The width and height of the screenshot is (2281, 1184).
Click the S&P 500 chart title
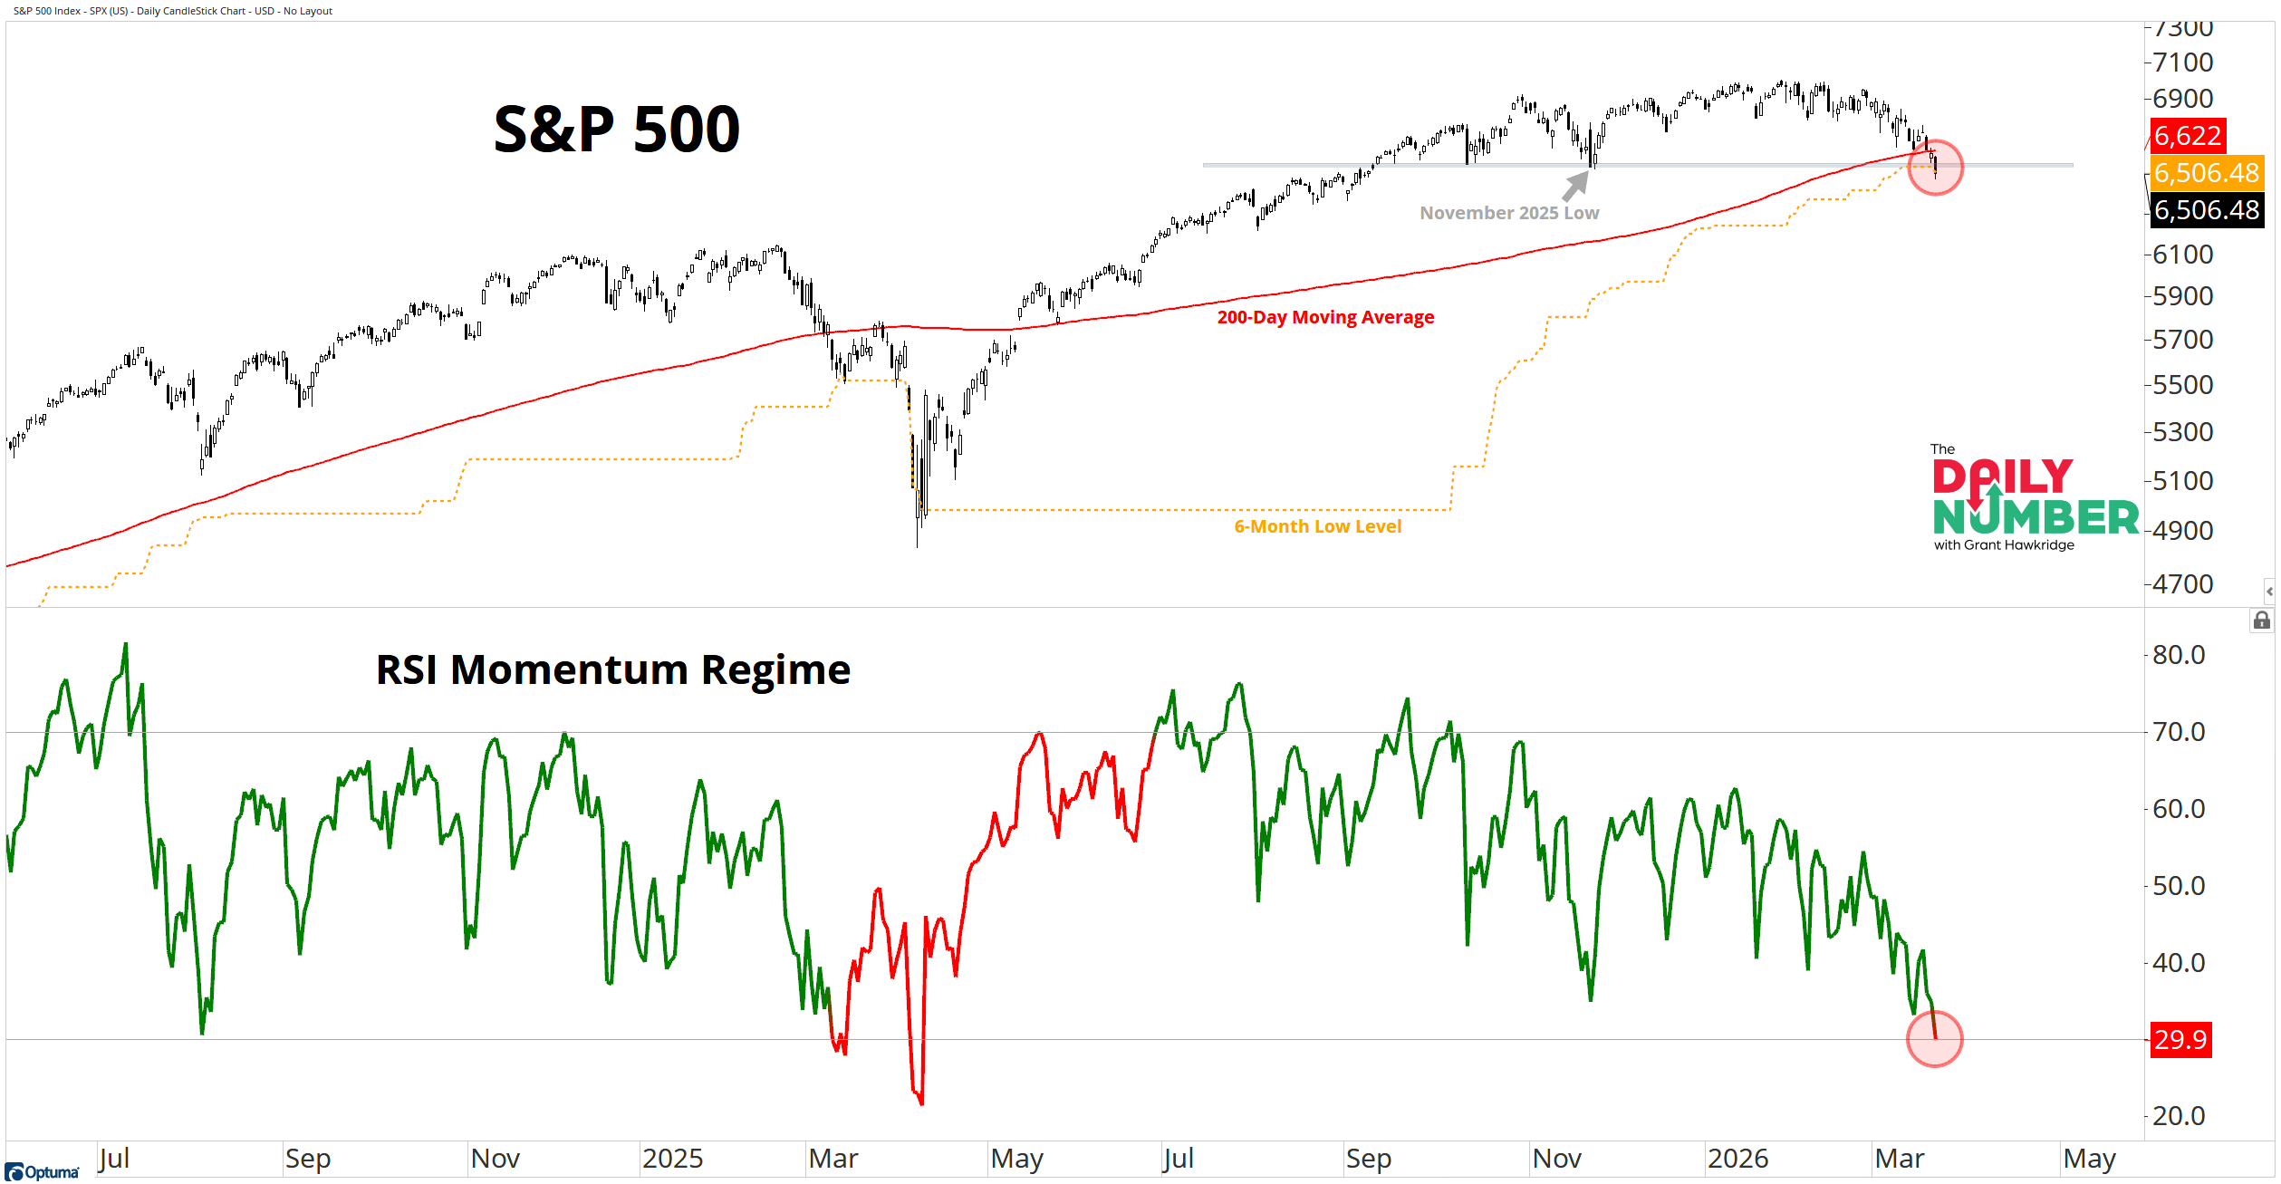coord(616,129)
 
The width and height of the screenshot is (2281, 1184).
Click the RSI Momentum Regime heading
coord(612,670)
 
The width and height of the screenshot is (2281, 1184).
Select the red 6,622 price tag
coord(2187,136)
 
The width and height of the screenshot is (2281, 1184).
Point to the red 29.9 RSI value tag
coord(2180,1039)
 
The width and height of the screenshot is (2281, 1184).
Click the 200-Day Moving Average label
coord(1324,317)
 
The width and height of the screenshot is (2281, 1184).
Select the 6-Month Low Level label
coord(1317,526)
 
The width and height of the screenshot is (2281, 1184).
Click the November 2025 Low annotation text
coord(1508,213)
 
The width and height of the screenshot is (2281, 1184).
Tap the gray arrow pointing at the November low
coord(1576,185)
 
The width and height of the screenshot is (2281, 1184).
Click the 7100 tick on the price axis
coord(2182,63)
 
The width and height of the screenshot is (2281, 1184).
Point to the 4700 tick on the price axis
coord(2182,584)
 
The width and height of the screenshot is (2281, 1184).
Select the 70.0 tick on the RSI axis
coord(2179,732)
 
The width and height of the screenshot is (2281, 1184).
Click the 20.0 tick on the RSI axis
coord(2179,1116)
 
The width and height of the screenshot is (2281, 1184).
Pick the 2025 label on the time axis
coord(672,1159)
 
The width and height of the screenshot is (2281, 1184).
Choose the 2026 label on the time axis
coord(1737,1159)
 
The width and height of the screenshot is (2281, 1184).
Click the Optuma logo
coord(42,1172)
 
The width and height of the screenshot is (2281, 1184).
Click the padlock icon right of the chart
coord(2262,621)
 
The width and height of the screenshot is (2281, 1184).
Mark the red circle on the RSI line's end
coord(1934,1039)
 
